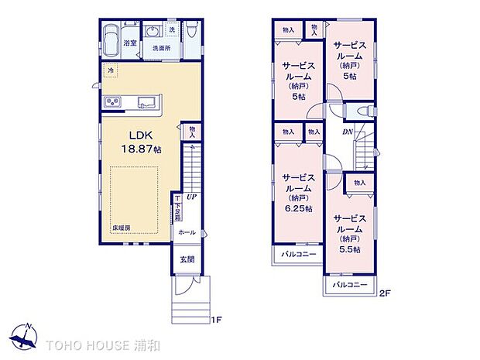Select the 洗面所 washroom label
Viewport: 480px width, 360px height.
[160, 48]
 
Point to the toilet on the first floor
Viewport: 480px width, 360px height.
[193, 30]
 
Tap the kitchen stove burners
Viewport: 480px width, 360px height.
[111, 102]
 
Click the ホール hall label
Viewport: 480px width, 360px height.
[187, 232]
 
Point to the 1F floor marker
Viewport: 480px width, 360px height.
[218, 319]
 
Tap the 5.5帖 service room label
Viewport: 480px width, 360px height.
[350, 230]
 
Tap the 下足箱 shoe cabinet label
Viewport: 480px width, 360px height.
[177, 209]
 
